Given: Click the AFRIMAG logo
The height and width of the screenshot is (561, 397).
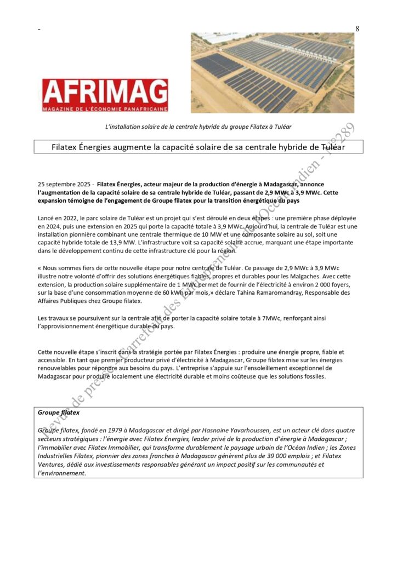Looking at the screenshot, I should pyautogui.click(x=105, y=95).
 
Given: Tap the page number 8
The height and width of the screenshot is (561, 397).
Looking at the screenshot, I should pyautogui.click(x=357, y=29).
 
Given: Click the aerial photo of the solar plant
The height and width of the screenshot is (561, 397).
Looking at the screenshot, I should pyautogui.click(x=273, y=72).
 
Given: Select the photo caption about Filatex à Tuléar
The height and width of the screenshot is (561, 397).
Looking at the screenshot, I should pyautogui.click(x=198, y=127).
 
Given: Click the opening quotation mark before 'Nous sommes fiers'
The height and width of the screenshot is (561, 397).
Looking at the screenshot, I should pyautogui.click(x=39, y=267).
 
